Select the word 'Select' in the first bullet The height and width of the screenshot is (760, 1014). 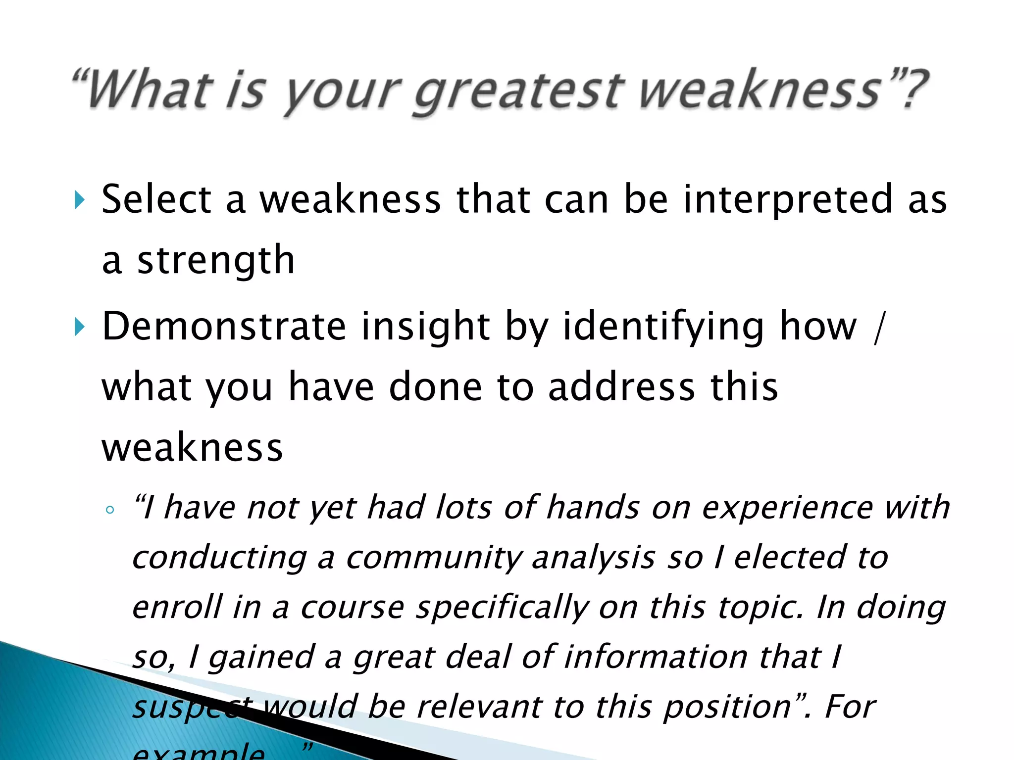(156, 199)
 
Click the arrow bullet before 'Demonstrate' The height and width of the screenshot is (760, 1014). (79, 327)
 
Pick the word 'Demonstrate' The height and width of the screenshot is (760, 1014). (224, 326)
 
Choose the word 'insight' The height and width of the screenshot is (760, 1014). (426, 326)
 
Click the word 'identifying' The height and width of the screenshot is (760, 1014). (663, 327)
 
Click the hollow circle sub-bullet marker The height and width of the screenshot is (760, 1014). (110, 510)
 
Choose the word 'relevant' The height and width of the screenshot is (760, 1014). (479, 706)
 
